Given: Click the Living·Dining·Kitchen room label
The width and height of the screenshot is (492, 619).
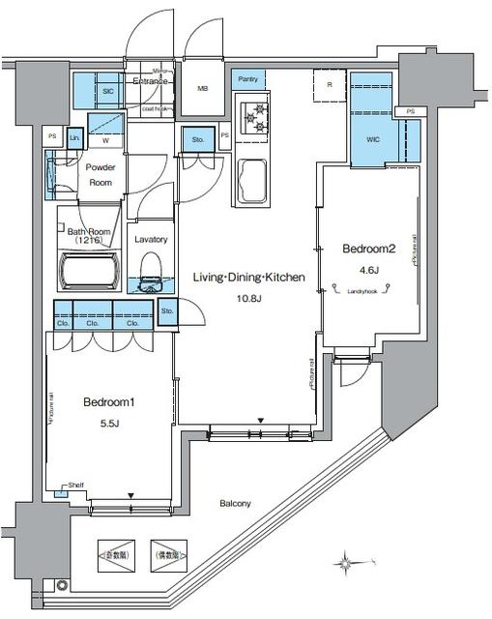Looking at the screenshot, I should point(248,278).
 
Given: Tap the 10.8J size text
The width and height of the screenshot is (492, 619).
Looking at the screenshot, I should point(248,299).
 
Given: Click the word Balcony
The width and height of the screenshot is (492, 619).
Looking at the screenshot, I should point(235,504).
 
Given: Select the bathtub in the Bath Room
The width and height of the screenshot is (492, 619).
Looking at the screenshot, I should point(88,270).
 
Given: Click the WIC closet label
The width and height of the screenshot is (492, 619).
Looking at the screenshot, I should point(374,139).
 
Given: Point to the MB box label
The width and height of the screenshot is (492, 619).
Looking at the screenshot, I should point(203,90).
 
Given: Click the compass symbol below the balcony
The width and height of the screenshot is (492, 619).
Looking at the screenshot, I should point(345,561).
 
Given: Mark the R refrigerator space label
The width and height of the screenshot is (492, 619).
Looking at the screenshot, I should point(330,86).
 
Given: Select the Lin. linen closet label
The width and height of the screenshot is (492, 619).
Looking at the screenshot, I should point(75,139).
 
